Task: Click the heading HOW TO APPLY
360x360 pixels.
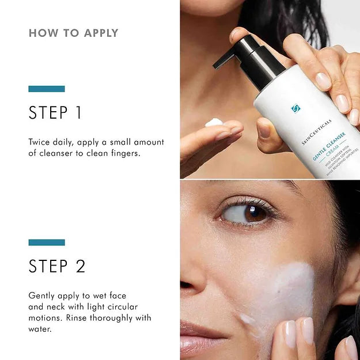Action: pos(73,33)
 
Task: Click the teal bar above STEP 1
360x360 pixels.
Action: pos(47,89)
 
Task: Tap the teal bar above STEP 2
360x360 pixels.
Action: pos(47,242)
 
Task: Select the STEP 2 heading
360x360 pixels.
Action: pos(57,266)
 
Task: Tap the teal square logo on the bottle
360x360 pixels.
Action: pos(295,108)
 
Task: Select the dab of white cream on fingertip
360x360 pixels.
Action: pos(214,122)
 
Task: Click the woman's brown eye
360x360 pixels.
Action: pos(251,213)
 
